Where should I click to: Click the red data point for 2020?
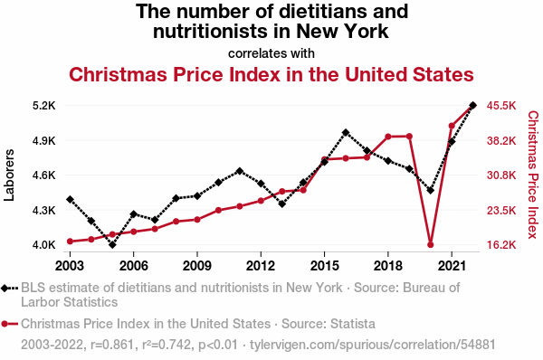pos(431,245)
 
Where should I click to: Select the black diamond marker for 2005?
pos(112,245)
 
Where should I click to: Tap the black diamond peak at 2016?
pos(346,133)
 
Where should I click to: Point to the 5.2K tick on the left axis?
pos(44,105)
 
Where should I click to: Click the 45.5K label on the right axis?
pos(501,105)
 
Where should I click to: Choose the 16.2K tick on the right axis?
pos(501,245)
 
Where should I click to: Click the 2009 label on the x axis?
pos(197,266)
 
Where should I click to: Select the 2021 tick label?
pos(452,266)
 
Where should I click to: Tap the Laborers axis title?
pos(9,175)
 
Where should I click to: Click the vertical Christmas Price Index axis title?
pos(533,175)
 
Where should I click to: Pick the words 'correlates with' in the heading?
pos(271,53)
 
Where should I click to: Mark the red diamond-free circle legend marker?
pos(9,324)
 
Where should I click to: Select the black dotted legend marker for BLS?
pos(9,288)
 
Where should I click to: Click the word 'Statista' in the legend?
pos(353,324)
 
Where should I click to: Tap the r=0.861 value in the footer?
pos(112,345)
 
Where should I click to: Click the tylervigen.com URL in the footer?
pos(372,345)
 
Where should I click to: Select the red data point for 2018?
pos(388,137)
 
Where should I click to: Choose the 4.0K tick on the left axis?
pos(44,245)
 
